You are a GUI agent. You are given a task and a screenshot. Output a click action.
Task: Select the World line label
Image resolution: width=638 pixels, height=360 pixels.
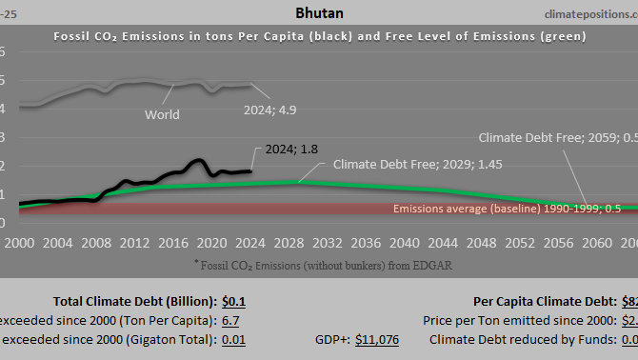click(x=161, y=115)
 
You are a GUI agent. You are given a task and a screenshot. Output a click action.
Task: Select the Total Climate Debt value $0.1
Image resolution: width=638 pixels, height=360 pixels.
click(x=233, y=302)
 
